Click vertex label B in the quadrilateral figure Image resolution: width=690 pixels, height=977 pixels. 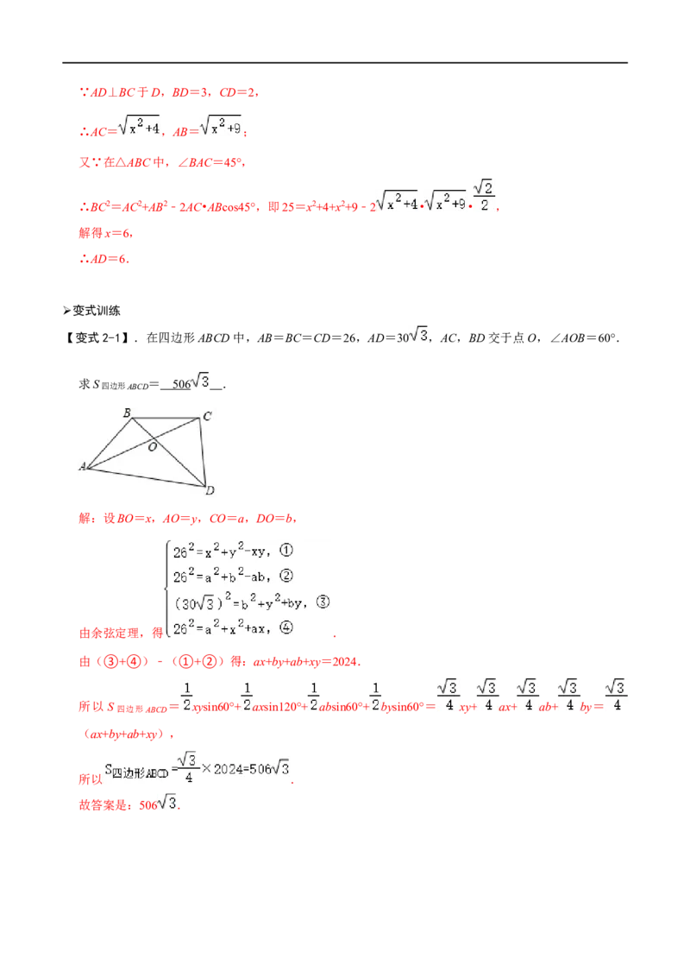click(127, 413)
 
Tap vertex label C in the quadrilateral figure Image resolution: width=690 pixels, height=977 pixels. click(207, 416)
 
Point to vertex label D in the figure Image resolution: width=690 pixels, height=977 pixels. click(210, 491)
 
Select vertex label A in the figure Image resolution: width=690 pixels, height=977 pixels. click(82, 466)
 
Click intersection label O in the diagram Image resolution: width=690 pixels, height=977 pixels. click(152, 447)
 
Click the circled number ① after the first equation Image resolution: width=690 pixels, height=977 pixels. click(285, 550)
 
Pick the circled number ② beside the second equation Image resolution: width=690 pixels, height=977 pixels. click(285, 576)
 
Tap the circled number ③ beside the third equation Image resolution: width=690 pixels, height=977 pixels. click(323, 602)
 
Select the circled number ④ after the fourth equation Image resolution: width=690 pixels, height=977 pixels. click(285, 627)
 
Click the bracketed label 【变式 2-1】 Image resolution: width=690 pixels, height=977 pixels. click(97, 337)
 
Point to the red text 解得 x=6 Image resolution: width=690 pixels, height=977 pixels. click(104, 233)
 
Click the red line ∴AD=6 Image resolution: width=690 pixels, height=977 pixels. click(104, 259)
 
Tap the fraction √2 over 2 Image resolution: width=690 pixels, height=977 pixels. click(484, 196)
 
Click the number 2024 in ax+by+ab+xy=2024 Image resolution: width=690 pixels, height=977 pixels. click(345, 662)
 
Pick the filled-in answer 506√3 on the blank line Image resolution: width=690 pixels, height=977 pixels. click(191, 382)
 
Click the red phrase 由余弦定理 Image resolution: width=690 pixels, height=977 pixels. click(109, 633)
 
